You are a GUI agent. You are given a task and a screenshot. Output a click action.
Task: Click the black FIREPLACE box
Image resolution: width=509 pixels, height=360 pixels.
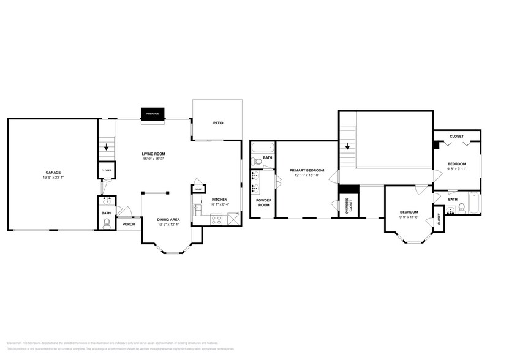[153, 114]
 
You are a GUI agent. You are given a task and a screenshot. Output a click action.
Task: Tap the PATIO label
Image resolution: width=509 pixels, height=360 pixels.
[217, 123]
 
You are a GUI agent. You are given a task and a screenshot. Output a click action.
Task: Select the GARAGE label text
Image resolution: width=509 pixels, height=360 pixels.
[53, 173]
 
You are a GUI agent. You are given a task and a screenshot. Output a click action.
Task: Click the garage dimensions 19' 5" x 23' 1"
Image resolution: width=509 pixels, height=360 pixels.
[53, 178]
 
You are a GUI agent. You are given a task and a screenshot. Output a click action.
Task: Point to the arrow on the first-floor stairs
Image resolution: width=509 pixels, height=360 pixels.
[107, 147]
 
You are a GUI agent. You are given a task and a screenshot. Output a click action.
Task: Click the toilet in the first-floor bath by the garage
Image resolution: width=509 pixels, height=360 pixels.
[107, 223]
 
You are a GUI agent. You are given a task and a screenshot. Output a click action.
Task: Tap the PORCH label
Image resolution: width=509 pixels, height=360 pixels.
[129, 224]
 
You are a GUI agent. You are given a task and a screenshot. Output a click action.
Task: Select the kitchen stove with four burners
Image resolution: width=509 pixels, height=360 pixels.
[216, 219]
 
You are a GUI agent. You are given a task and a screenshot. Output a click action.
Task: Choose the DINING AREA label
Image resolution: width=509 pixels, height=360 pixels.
[168, 219]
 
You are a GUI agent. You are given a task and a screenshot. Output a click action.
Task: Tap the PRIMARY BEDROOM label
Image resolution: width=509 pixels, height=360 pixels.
[306, 170]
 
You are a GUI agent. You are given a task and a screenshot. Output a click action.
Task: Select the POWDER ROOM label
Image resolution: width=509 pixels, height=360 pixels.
[263, 203]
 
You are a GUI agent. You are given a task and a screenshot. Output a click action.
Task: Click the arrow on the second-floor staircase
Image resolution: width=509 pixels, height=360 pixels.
[347, 146]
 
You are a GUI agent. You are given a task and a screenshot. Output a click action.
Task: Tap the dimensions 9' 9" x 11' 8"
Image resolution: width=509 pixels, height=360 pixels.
[409, 216]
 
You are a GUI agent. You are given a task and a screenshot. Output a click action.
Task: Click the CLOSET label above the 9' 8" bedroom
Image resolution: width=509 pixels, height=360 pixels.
[456, 136]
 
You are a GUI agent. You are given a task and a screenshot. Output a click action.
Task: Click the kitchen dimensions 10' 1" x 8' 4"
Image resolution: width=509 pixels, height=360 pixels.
[220, 205]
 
